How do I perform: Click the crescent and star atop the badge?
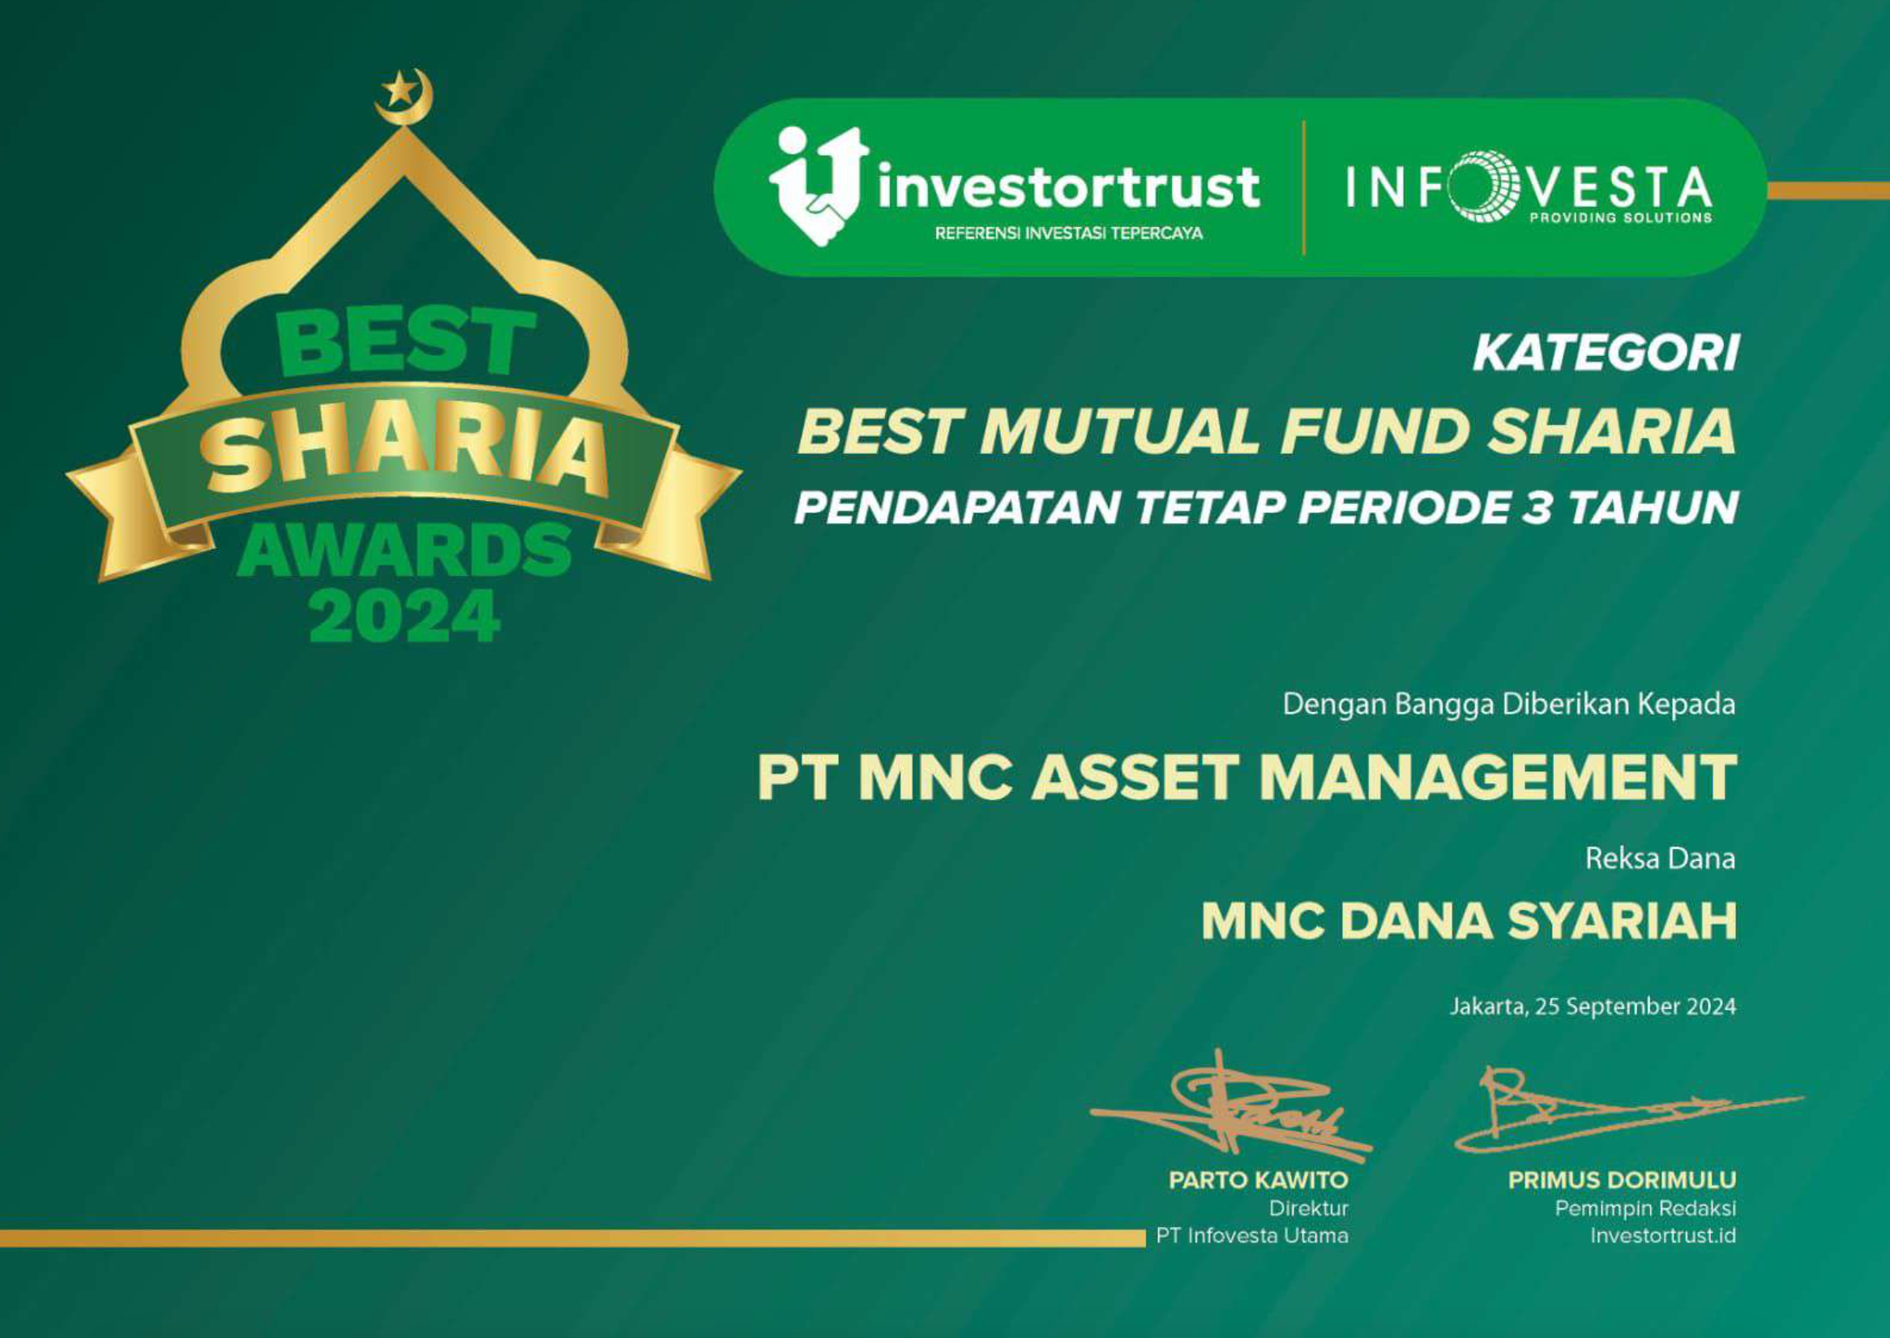coord(404,96)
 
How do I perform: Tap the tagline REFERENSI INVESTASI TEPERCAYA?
coord(1069,234)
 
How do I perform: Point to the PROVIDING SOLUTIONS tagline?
coord(1620,218)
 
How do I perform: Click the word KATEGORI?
coord(1605,354)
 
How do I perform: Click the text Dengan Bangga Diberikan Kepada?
coord(1510,705)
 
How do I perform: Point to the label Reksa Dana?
coord(1661,859)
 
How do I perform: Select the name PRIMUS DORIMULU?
coord(1623,1181)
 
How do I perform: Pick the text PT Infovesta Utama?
coord(1252,1236)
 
